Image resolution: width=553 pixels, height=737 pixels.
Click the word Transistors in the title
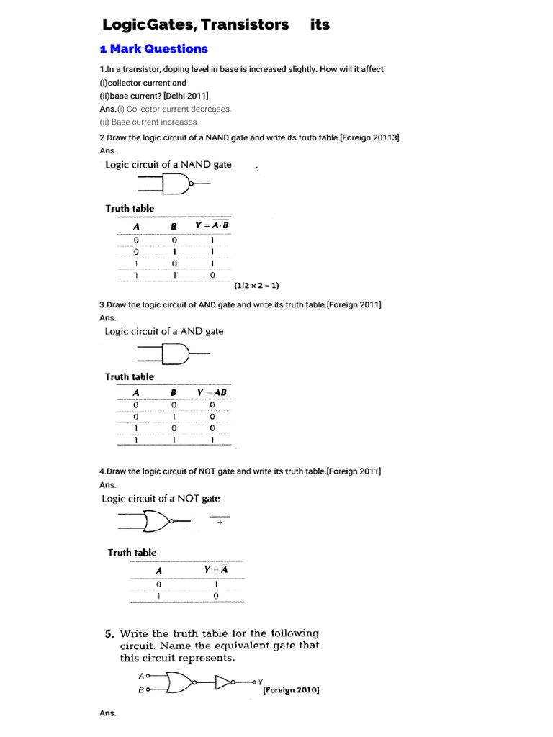[245, 24]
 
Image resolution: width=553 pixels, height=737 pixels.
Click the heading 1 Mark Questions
[153, 49]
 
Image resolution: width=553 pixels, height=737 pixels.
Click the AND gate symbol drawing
[173, 354]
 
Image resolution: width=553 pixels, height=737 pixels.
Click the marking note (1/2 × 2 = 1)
[256, 285]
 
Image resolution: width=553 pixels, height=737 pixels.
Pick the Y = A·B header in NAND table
[212, 225]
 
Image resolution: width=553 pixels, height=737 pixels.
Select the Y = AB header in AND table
[212, 392]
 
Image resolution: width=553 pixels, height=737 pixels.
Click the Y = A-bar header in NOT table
[215, 569]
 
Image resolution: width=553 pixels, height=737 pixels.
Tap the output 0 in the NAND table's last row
[212, 275]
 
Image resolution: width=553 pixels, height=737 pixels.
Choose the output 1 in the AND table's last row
[212, 440]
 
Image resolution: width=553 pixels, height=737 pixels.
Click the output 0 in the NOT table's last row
[215, 596]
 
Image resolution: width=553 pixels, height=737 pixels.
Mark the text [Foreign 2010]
[291, 689]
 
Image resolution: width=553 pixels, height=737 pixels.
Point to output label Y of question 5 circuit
[260, 681]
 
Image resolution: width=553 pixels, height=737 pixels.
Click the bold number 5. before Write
[109, 634]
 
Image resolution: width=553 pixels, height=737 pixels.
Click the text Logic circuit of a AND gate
[164, 332]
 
